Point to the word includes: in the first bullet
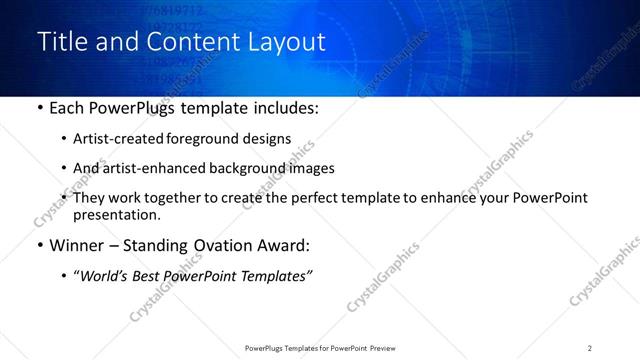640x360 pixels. click(x=281, y=108)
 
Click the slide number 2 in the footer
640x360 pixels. click(x=590, y=347)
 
